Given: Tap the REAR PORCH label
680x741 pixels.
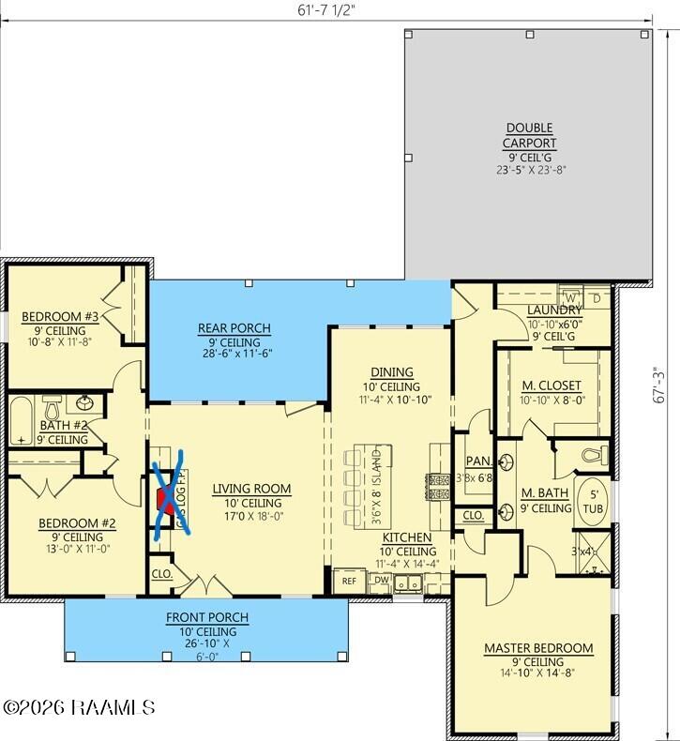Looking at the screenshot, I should [234, 328].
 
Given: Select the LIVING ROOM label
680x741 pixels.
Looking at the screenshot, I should [251, 489].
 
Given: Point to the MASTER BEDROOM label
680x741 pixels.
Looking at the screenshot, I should [538, 648].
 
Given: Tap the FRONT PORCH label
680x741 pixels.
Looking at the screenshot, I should [207, 617].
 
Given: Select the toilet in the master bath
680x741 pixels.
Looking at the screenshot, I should [591, 455].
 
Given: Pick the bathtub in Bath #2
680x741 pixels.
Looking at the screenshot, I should [21, 422].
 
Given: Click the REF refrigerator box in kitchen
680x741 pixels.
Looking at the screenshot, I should [349, 582].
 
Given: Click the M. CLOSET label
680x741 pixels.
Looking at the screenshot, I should [552, 386].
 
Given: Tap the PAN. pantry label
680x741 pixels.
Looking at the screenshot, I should [474, 461].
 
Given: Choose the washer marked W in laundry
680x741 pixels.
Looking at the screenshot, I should [568, 297].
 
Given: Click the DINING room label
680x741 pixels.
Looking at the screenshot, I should [391, 373].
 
